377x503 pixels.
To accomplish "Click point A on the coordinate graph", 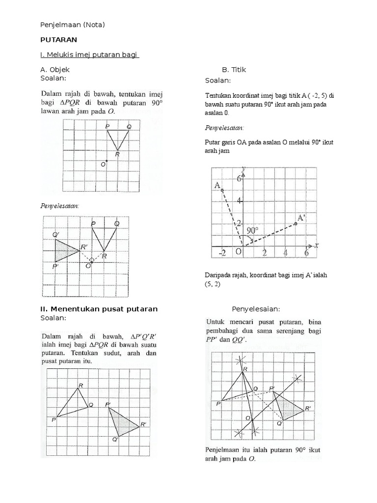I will coord(222,190).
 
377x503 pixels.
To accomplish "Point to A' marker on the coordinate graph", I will coord(296,224).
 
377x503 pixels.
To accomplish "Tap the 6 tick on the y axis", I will coord(239,178).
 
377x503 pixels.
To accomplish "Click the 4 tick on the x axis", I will coord(286,253).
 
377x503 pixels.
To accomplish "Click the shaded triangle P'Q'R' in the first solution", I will coord(65,251).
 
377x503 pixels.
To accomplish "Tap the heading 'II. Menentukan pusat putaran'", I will coord(99,309).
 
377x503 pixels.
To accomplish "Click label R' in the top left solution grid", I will coord(85,247).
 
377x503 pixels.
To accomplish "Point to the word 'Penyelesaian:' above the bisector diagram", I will coord(255,309).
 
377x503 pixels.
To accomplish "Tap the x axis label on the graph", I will coord(317,245).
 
